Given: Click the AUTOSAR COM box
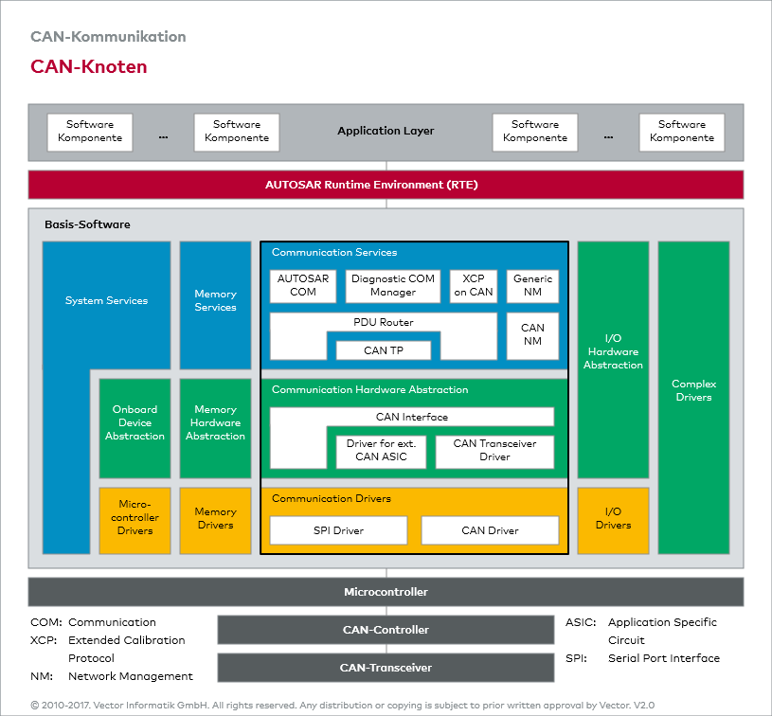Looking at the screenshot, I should coord(303,286).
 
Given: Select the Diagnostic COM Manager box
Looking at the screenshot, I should coord(393,286).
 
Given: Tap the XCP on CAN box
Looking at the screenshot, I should coord(474,286).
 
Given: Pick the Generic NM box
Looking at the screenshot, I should coord(532,286).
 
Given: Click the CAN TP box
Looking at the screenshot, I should coord(384,350).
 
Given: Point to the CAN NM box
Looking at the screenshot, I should coord(532,335).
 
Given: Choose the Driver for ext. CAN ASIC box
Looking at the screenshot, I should coord(381,451).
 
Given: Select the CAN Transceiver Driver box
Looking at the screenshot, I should coord(494,451).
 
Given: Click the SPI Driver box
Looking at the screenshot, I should coord(338,530).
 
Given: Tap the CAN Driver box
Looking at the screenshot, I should coord(490,530).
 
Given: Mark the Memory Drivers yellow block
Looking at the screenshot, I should coord(215,520).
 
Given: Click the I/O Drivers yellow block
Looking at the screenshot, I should coord(613,520).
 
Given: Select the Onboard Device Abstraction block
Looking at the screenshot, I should coord(135,424).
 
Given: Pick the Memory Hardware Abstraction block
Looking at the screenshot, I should coord(215,424).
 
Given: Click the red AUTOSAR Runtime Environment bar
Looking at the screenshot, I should coord(386,185).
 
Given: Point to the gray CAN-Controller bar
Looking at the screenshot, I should coord(386,630).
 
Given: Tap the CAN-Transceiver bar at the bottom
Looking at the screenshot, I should coord(386,668).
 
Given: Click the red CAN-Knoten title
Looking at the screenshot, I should coord(89,67).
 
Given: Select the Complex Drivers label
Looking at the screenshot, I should coord(693,391).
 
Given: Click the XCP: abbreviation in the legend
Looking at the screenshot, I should coord(45,640).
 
